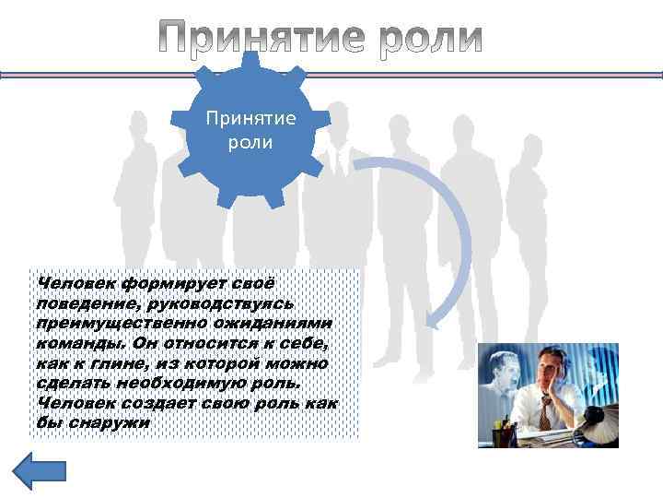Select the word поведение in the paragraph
tap(78, 302)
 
